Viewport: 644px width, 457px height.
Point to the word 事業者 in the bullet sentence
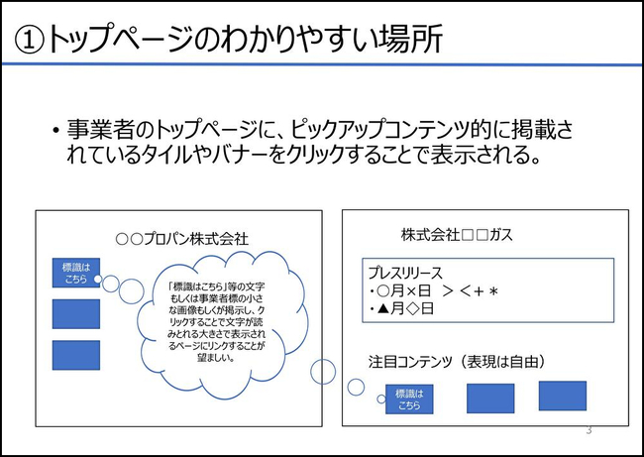pyautogui.click(x=101, y=130)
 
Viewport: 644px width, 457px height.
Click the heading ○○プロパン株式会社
pyautogui.click(x=182, y=238)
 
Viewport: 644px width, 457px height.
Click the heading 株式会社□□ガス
pyautogui.click(x=457, y=235)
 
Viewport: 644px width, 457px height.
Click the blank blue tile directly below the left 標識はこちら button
pyautogui.click(x=76, y=314)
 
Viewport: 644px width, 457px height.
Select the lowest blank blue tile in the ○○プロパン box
pyautogui.click(x=76, y=355)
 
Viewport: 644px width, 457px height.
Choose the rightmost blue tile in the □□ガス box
pyautogui.click(x=563, y=396)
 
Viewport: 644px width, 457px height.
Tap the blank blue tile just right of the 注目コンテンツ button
pyautogui.click(x=490, y=399)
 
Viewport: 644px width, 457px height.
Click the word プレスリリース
pyautogui.click(x=405, y=273)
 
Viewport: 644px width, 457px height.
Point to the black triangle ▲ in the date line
pyautogui.click(x=383, y=308)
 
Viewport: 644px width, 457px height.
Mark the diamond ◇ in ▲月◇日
pyautogui.click(x=412, y=308)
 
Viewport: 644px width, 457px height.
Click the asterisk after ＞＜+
pyautogui.click(x=493, y=291)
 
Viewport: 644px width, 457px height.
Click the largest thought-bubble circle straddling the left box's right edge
pyautogui.click(x=323, y=372)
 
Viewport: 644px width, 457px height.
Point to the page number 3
pyautogui.click(x=589, y=430)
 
